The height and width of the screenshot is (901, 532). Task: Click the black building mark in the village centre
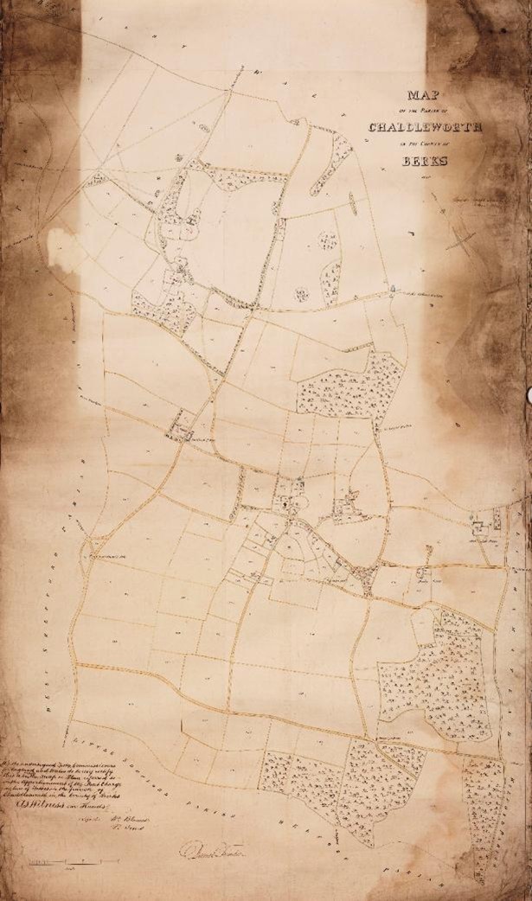pyautogui.click(x=285, y=500)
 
